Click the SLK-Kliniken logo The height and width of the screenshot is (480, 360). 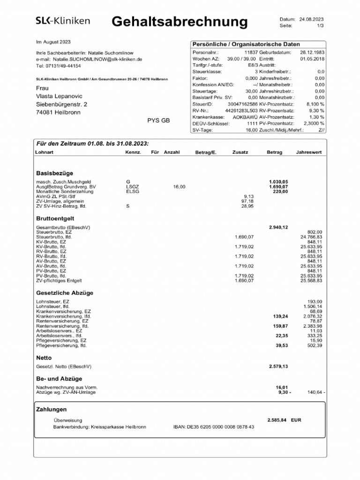point(63,21)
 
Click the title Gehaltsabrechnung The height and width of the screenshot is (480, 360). point(180,21)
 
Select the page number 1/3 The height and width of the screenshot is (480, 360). point(320,26)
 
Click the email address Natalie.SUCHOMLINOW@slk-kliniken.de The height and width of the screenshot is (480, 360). point(98,60)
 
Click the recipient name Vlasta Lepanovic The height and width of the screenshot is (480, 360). point(59,96)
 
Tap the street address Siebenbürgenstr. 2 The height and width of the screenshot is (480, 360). point(61,104)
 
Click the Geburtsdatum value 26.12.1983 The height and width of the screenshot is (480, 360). point(312,52)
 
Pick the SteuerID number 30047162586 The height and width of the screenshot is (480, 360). point(243,104)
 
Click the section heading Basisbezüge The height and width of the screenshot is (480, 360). point(54,173)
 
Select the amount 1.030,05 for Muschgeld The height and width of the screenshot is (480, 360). point(278,181)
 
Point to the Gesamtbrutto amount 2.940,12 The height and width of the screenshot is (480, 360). point(278,227)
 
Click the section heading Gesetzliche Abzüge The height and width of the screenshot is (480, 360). point(65,293)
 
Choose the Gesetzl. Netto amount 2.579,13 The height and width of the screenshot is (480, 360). point(278,366)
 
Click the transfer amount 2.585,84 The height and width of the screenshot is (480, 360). point(277,420)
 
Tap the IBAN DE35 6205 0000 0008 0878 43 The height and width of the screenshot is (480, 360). point(214,427)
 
